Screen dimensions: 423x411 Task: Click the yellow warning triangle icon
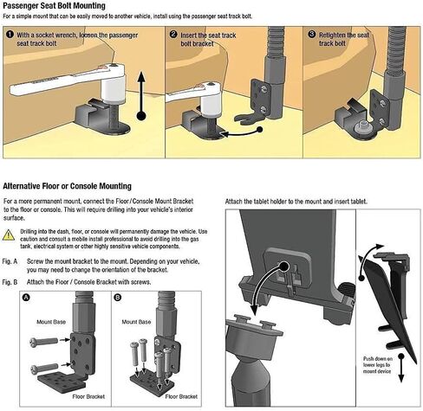[x=9, y=235]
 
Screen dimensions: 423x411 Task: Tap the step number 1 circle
[x=10, y=35]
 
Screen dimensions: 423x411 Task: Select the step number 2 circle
[x=173, y=35]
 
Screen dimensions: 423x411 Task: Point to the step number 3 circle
[x=311, y=34]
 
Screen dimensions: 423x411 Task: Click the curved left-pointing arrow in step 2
[x=241, y=132]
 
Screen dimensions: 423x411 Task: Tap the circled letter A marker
[x=26, y=298]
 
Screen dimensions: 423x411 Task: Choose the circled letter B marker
[x=118, y=298]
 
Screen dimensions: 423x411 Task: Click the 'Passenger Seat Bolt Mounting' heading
[x=54, y=5]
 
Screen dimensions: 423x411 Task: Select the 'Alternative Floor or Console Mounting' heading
[x=67, y=186]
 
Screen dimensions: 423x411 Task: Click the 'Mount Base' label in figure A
[x=51, y=322]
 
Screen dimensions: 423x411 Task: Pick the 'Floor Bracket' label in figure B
[x=181, y=396]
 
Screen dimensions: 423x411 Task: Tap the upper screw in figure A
[x=44, y=342]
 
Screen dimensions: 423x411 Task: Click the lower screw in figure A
[x=45, y=369]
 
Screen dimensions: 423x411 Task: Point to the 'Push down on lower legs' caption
[x=377, y=365]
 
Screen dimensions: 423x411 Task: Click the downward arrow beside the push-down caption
[x=400, y=369]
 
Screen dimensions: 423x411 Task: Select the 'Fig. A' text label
[x=10, y=261]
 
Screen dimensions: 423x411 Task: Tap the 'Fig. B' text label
[x=10, y=282]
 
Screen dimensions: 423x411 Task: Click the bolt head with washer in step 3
[x=362, y=127]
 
